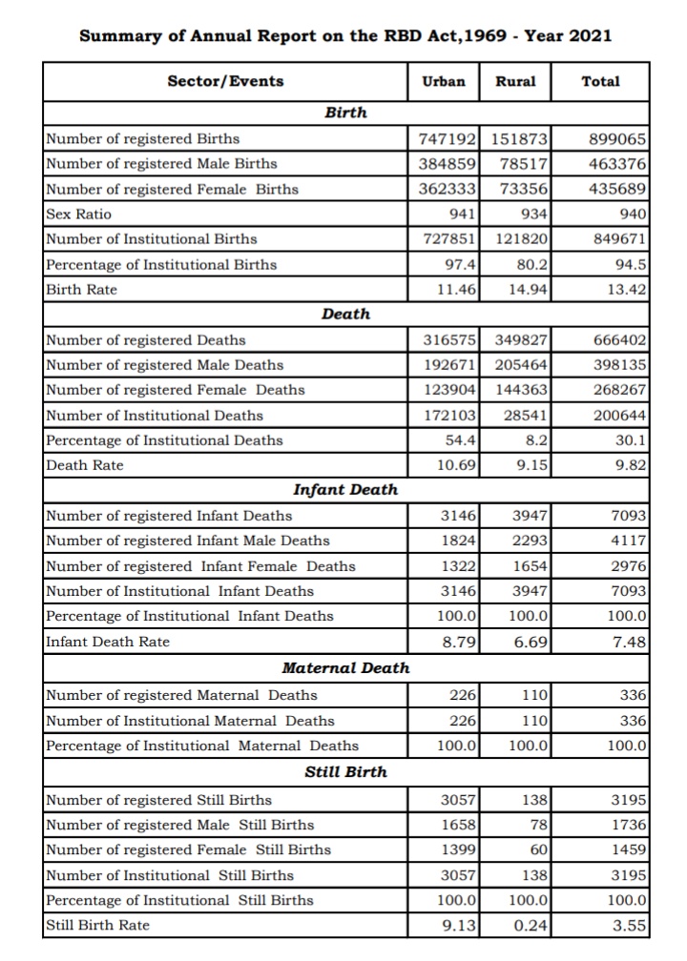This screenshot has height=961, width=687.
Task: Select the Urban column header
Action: [x=444, y=81]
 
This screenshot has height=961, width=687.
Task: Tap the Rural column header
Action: [x=516, y=81]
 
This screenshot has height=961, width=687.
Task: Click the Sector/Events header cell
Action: [x=225, y=81]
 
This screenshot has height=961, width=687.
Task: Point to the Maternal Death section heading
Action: [x=345, y=668]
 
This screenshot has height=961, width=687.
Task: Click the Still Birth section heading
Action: [x=345, y=771]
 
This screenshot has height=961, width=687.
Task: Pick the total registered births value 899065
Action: [x=620, y=138]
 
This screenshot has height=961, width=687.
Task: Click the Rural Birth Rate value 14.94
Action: [x=529, y=289]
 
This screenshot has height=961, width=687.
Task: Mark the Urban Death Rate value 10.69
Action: [x=455, y=465]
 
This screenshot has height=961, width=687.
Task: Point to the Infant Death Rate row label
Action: [x=108, y=642]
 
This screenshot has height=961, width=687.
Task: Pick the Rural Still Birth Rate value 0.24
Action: [x=530, y=925]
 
